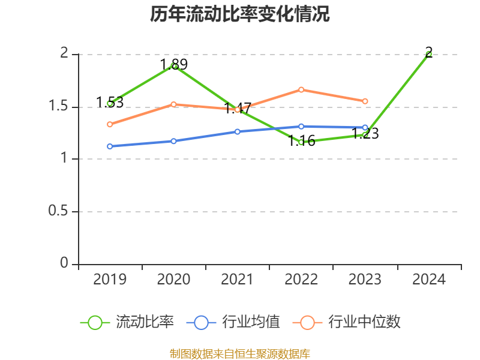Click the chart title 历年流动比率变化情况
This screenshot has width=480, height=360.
click(240, 14)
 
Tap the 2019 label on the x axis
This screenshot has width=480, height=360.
click(110, 280)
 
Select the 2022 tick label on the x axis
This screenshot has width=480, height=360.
click(301, 280)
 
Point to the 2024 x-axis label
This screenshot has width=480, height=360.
click(429, 280)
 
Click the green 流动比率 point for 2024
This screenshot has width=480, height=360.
click(429, 54)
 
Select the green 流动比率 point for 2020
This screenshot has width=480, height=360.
click(174, 65)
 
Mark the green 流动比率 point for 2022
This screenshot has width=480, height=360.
click(301, 142)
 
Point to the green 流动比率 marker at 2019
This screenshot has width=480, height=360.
click(110, 103)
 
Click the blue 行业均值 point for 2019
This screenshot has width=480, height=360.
click(110, 146)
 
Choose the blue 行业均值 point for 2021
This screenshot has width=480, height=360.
click(238, 131)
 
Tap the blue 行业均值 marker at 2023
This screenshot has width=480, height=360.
click(365, 127)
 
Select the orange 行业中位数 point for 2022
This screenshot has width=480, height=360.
click(301, 89)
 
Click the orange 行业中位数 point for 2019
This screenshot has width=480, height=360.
click(110, 124)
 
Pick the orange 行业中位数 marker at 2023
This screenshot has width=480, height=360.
click(365, 101)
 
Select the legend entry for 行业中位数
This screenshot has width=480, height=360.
click(347, 322)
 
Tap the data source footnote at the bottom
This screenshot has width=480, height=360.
click(240, 353)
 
